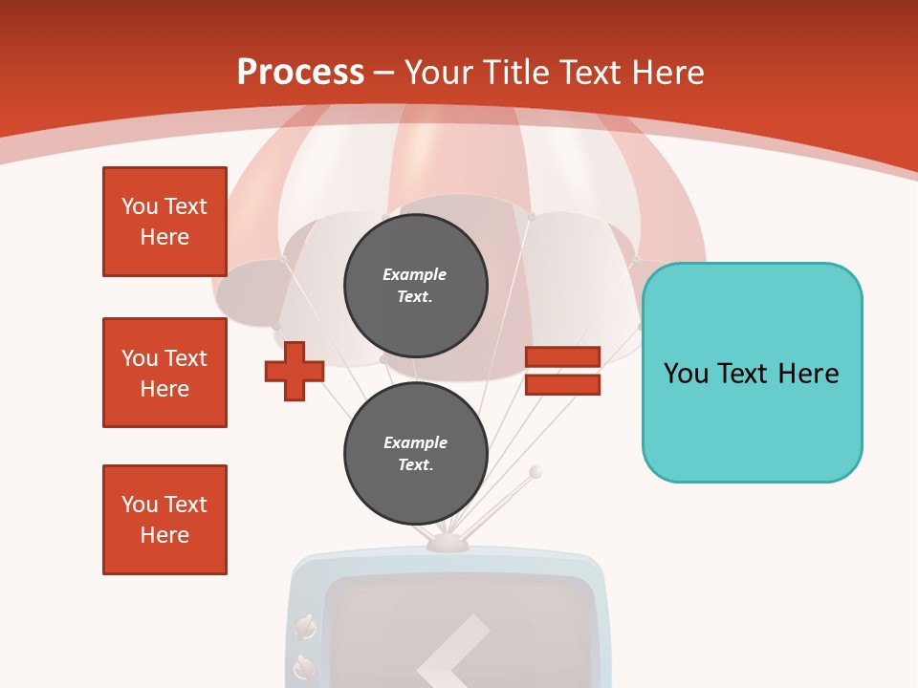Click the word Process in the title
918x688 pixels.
click(x=300, y=73)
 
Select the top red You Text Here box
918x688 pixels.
click(x=164, y=222)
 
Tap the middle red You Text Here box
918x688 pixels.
click(x=164, y=373)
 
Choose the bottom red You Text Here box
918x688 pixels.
click(x=164, y=520)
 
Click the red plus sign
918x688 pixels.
click(x=295, y=372)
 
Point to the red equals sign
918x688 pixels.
click(x=562, y=372)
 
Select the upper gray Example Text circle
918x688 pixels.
click(x=415, y=286)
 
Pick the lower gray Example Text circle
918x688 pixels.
click(x=415, y=454)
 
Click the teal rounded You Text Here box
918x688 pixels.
click(x=752, y=373)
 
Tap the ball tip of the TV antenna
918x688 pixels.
click(x=535, y=472)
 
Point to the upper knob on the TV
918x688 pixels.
click(x=305, y=627)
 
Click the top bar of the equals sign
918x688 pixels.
click(x=562, y=357)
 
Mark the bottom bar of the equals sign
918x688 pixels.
click(x=562, y=385)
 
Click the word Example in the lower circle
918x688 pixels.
click(x=415, y=442)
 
